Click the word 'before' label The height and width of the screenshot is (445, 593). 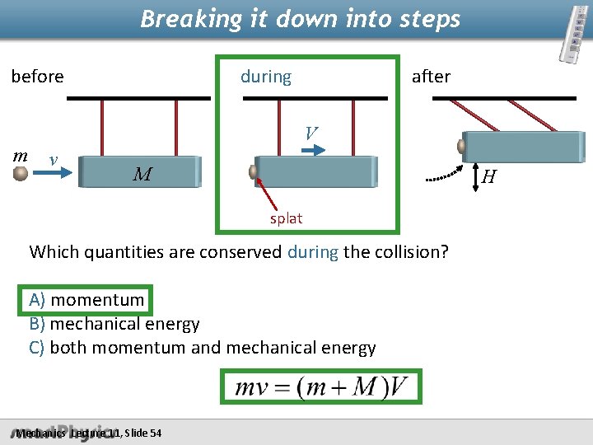37,77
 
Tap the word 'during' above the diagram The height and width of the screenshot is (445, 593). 265,77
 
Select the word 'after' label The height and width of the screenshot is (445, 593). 431,77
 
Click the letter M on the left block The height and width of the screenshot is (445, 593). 142,174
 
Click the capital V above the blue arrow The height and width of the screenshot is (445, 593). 310,133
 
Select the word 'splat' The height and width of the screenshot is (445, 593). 287,218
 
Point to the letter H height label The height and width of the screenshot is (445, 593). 488,176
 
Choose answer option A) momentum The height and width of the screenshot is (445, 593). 86,301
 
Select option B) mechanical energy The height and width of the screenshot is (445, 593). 114,324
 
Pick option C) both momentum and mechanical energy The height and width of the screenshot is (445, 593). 202,348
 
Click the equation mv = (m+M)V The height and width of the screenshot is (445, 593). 321,386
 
